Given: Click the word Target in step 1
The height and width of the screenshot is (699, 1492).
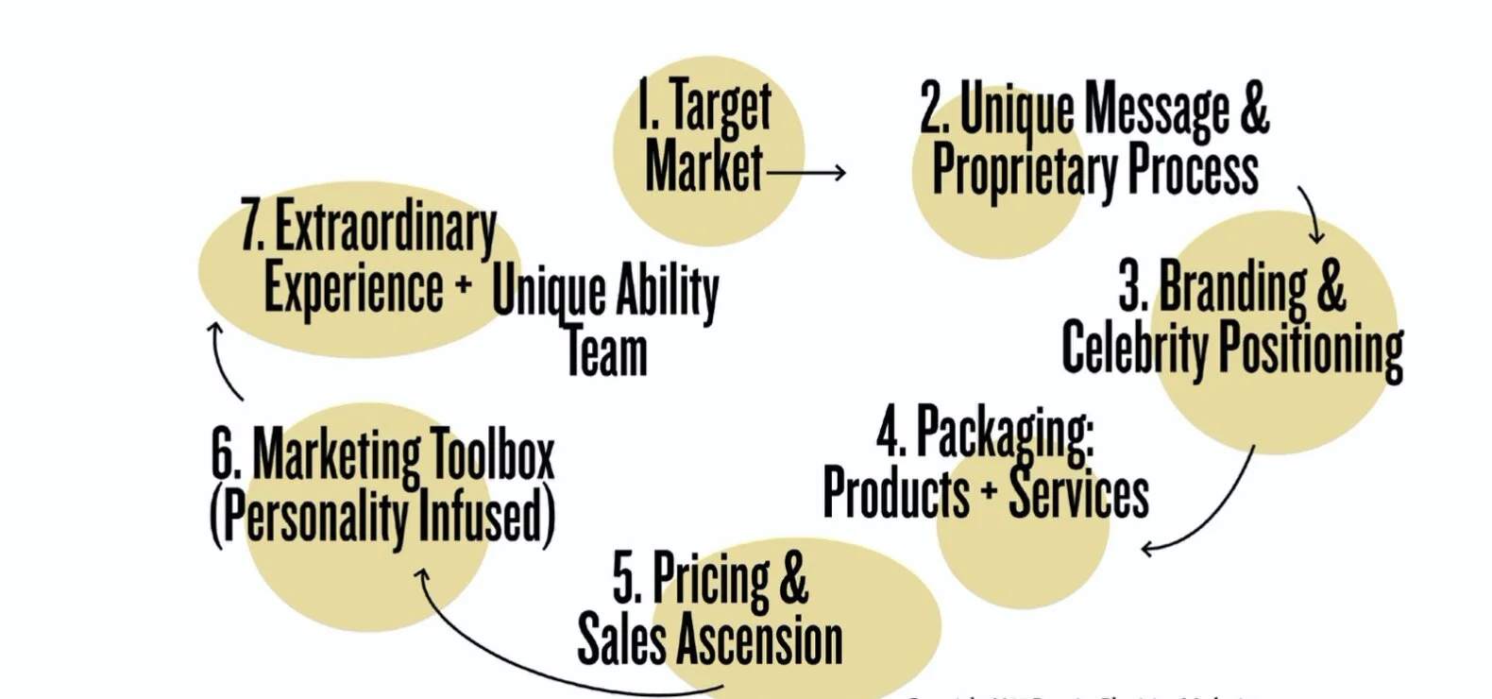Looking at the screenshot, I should point(721,107).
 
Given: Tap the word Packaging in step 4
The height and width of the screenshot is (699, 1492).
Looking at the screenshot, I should point(1005,434).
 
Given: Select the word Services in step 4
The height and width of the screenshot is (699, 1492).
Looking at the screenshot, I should point(1078,494).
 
